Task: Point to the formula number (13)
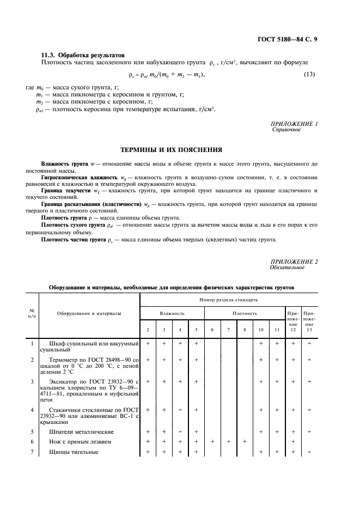309,74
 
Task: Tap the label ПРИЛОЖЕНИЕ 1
294,124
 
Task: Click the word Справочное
285,130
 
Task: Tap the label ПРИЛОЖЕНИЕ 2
294,262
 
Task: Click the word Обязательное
287,268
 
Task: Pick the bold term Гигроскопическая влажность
79,178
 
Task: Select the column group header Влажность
172,313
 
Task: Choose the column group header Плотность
245,313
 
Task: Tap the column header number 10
261,330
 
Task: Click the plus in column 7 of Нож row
229,441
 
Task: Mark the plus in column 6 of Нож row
212,441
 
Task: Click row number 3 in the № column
32,381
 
